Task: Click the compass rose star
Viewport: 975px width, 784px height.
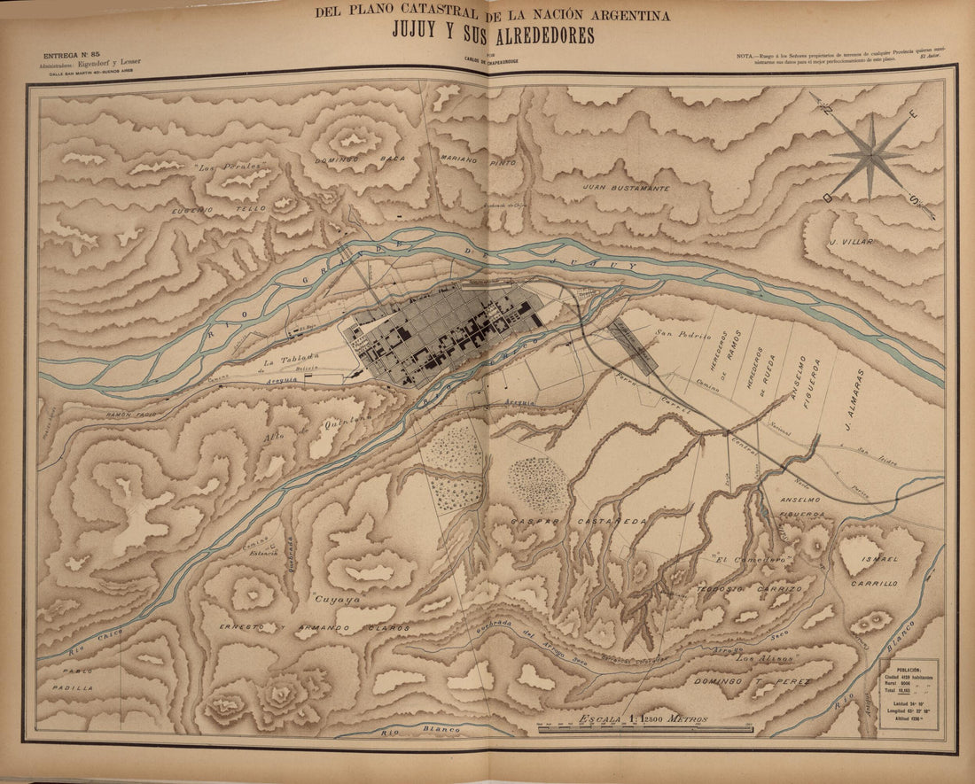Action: click(871, 154)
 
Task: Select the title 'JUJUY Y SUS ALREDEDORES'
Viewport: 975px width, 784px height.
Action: click(493, 35)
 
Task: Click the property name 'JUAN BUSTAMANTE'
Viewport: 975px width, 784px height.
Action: click(626, 188)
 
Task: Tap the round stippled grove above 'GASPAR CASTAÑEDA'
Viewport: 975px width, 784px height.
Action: click(537, 485)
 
